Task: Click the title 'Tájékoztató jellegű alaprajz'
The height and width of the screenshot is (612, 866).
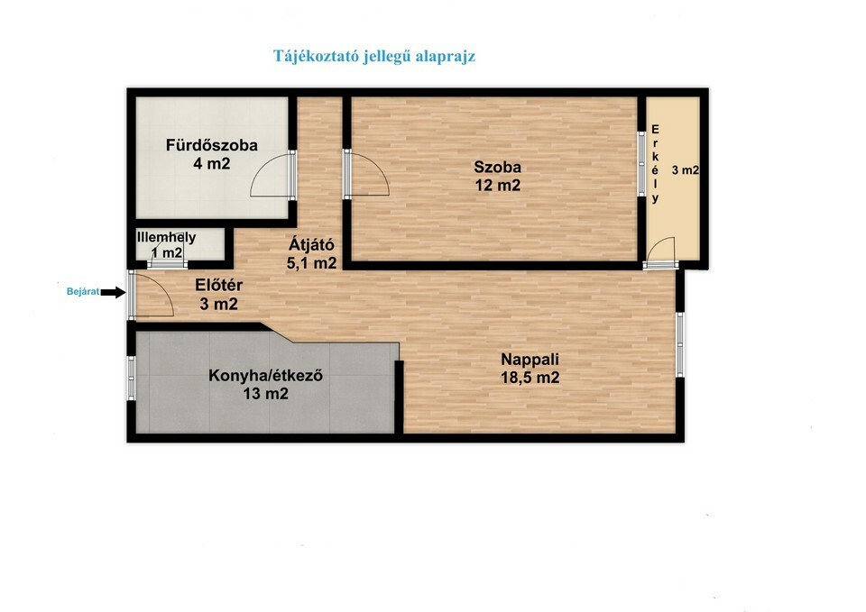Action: pyautogui.click(x=374, y=57)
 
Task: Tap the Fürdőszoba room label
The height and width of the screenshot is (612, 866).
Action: pyautogui.click(x=212, y=145)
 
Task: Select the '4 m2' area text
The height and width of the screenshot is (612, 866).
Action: pyautogui.click(x=211, y=163)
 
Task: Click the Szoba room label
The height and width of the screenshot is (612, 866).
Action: pyautogui.click(x=498, y=168)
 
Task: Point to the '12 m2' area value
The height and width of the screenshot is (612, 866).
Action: pyautogui.click(x=498, y=186)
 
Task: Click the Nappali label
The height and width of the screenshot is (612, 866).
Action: pyautogui.click(x=530, y=360)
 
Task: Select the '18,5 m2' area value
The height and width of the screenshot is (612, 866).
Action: pyautogui.click(x=530, y=378)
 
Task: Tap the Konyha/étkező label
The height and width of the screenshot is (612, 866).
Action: pyautogui.click(x=265, y=376)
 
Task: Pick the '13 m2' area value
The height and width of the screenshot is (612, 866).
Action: pyautogui.click(x=265, y=394)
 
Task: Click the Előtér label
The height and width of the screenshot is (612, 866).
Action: pyautogui.click(x=218, y=286)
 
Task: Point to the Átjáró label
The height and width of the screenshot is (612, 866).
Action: pyautogui.click(x=311, y=245)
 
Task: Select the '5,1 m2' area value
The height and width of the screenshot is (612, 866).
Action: pyautogui.click(x=311, y=263)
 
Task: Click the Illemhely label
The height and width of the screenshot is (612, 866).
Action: pyautogui.click(x=166, y=237)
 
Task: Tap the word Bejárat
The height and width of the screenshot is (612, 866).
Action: pyautogui.click(x=83, y=292)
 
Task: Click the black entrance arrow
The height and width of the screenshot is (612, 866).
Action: pyautogui.click(x=114, y=292)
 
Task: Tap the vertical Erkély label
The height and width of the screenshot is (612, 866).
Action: pyautogui.click(x=656, y=164)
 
